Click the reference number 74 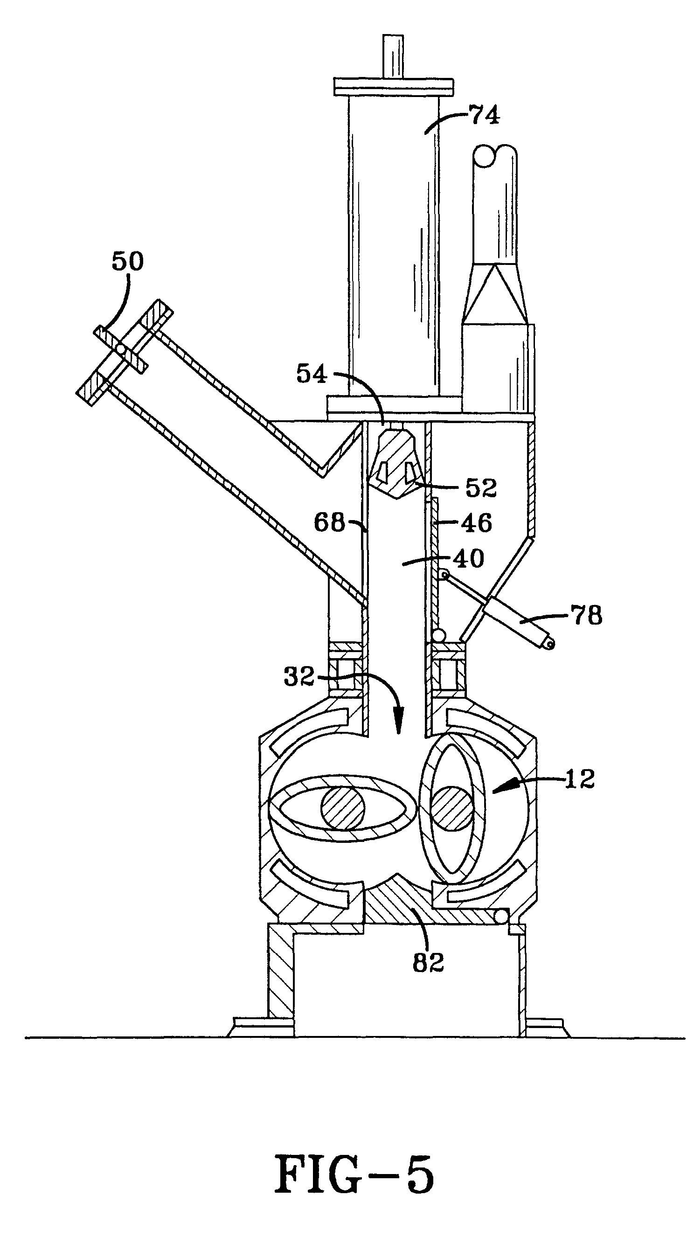(x=484, y=116)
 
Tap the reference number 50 (x=127, y=262)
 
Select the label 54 (x=312, y=374)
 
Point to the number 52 (x=480, y=488)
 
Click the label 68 (x=329, y=522)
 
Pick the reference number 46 (x=477, y=523)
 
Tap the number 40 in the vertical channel (x=468, y=558)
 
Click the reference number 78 (x=585, y=615)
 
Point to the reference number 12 (x=580, y=779)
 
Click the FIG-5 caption (x=354, y=1175)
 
